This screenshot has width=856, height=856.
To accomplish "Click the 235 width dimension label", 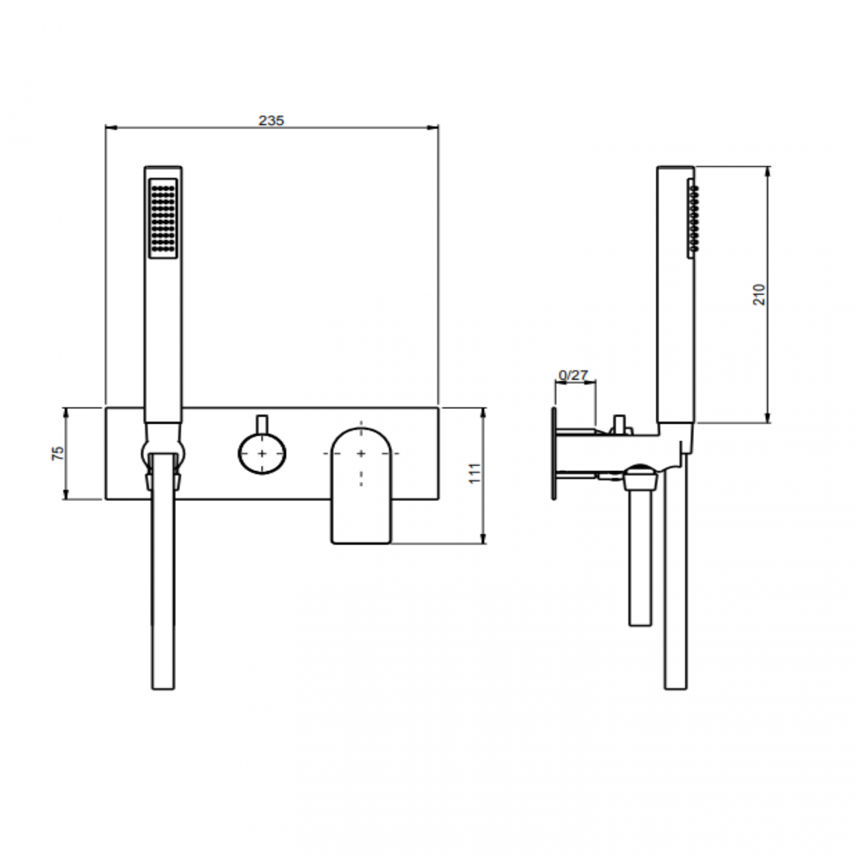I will tap(271, 120).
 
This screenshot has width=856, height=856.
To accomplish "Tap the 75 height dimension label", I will tap(58, 453).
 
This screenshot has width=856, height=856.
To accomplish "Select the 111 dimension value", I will tap(475, 473).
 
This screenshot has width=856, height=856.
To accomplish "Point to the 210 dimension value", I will tap(760, 294).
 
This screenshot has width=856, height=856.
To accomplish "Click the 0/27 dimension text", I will tap(573, 375).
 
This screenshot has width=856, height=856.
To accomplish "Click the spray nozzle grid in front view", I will tap(163, 219).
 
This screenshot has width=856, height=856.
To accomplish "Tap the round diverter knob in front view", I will tap(262, 453).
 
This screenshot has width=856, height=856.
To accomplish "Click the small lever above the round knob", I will tap(262, 425).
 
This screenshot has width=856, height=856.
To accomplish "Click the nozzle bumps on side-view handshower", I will tap(693, 219).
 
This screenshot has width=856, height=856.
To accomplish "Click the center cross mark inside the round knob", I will tap(262, 453).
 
